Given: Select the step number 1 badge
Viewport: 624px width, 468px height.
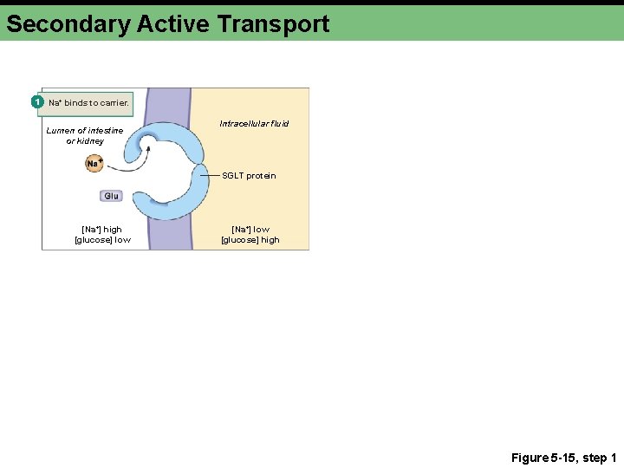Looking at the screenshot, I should (37, 102).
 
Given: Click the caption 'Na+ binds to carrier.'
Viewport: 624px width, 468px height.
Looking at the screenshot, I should (88, 103).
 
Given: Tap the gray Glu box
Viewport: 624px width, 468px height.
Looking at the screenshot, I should (111, 196).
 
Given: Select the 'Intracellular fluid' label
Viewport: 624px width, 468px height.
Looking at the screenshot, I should (254, 124).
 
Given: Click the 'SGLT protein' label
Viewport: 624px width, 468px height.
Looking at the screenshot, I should (249, 176).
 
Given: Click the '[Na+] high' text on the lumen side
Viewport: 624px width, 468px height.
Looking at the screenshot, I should (101, 230).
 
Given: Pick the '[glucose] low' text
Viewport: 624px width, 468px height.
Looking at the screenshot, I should (102, 240).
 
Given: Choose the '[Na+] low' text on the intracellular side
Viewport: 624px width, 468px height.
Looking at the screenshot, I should (250, 230).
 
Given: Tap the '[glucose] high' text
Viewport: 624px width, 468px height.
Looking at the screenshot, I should (250, 240).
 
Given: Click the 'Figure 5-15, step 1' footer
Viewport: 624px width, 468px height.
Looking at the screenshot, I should (563, 458).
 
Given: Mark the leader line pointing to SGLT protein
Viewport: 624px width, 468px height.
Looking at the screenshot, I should (211, 175).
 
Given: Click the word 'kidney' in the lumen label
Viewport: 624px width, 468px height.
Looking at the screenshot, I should (90, 141).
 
